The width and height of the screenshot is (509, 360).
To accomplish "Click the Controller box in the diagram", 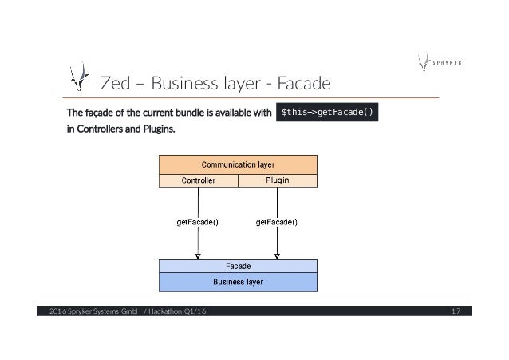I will (x=199, y=180).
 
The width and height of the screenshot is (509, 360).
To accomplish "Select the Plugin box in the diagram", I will (x=277, y=180).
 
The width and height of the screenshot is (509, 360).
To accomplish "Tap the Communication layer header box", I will (x=238, y=165).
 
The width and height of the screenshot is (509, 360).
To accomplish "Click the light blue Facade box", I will (x=238, y=266).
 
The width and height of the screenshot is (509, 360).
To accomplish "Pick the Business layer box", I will (x=238, y=282).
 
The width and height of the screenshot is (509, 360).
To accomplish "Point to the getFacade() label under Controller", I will (x=198, y=221).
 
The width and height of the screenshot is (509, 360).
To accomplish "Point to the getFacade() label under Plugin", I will (x=277, y=221).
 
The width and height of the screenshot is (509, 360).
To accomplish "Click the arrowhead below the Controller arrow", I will (x=198, y=255).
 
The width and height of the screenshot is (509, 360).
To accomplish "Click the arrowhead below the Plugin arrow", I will (x=277, y=255).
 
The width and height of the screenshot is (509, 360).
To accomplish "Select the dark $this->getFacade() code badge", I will (x=326, y=112).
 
